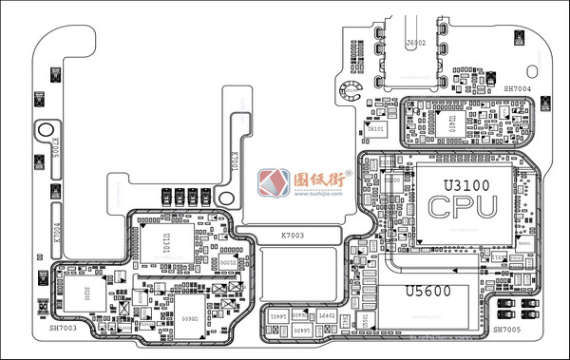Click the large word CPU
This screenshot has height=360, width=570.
coord(463,206)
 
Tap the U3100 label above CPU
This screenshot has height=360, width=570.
coord(460,181)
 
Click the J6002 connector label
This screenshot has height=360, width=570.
coord(415,44)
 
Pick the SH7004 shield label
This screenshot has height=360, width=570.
coord(517,88)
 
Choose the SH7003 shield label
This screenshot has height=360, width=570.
coord(64,329)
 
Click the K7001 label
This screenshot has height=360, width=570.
coord(235,162)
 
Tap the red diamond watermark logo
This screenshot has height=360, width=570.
coord(275,182)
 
